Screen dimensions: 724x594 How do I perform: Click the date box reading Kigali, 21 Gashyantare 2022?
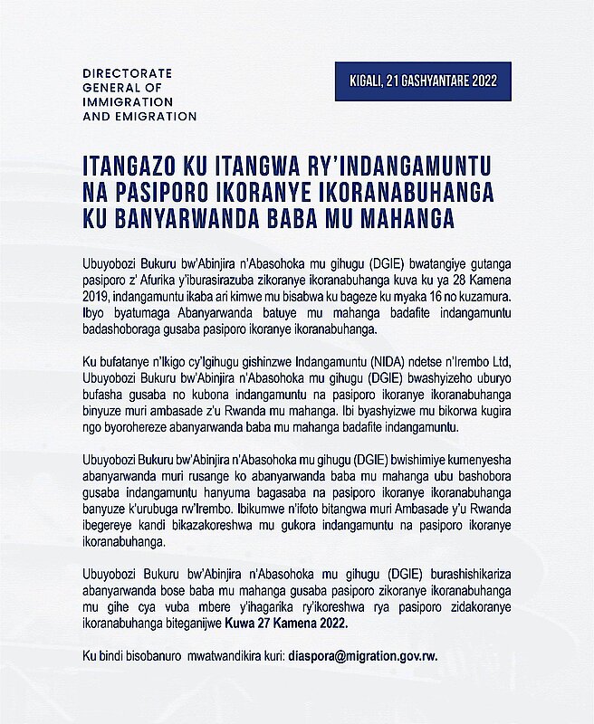[x=423, y=81]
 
